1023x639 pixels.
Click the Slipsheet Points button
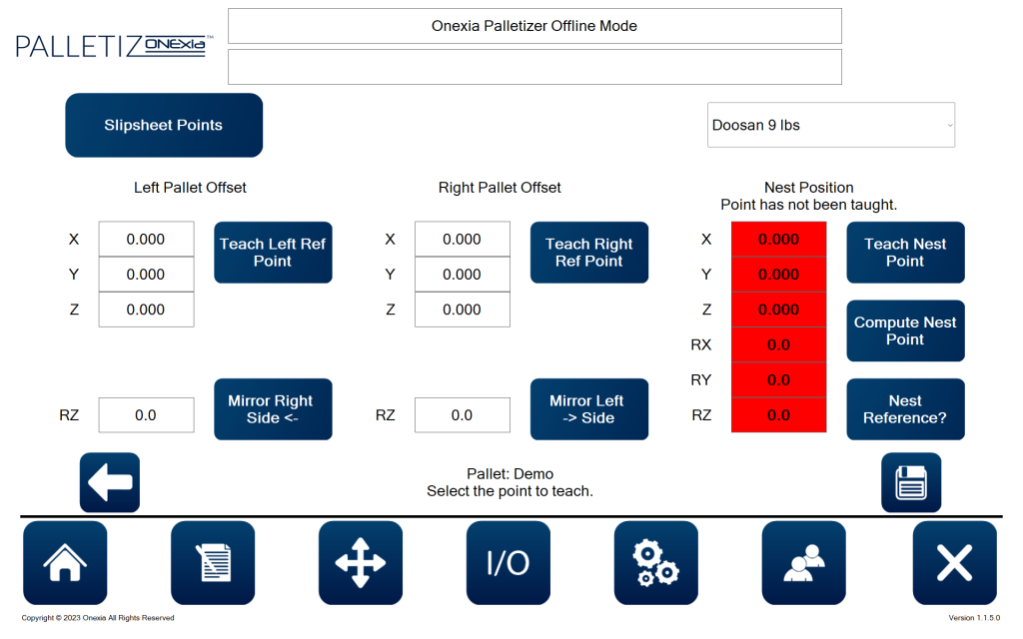[x=164, y=125]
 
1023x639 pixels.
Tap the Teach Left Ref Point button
[x=273, y=253]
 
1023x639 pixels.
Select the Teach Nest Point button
[x=905, y=253]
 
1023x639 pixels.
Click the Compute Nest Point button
[x=905, y=330]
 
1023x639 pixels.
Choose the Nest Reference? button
[x=905, y=408]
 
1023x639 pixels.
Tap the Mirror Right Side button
[x=273, y=408]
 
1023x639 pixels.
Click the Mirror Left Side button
[x=589, y=408]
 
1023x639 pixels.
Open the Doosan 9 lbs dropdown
[x=831, y=125]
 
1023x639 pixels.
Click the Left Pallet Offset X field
[x=146, y=240]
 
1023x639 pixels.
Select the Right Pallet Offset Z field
[x=463, y=310]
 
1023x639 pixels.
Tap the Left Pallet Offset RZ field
[x=146, y=415]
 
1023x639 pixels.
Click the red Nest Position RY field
[x=779, y=380]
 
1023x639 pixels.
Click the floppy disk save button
[x=911, y=482]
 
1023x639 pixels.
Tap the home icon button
[x=65, y=563]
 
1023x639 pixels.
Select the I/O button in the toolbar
[x=509, y=563]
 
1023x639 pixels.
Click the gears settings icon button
[x=655, y=563]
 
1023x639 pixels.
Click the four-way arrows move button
[x=360, y=563]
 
